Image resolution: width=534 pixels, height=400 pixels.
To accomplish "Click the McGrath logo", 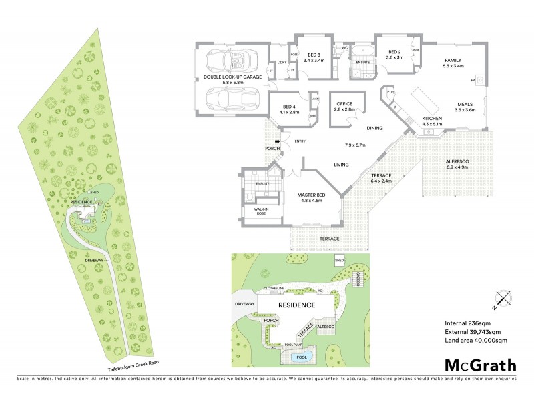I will (x=481, y=365).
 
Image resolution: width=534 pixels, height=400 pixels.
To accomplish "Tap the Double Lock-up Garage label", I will (x=232, y=79).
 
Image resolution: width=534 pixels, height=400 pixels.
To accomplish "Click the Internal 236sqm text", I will (x=465, y=323).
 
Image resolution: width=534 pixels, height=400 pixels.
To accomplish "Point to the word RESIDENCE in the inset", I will (x=296, y=305).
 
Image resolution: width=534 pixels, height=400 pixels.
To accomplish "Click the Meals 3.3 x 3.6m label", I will (x=466, y=107).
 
